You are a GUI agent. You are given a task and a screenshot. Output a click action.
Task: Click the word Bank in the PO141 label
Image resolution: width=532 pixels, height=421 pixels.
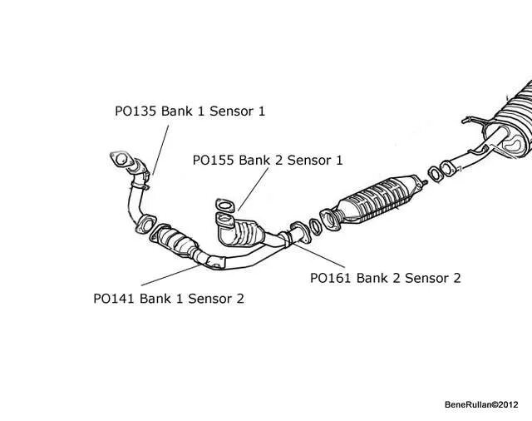(x=156, y=297)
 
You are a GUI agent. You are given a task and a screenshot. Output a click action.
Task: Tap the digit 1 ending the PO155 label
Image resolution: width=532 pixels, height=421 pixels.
(x=316, y=160)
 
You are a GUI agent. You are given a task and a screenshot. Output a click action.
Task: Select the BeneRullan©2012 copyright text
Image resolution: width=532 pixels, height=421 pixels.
(x=481, y=404)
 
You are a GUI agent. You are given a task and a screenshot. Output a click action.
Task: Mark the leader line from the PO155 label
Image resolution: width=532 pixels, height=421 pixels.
(x=253, y=187)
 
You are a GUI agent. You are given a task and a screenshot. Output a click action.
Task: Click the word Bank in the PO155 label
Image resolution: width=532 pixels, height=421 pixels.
(x=255, y=160)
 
